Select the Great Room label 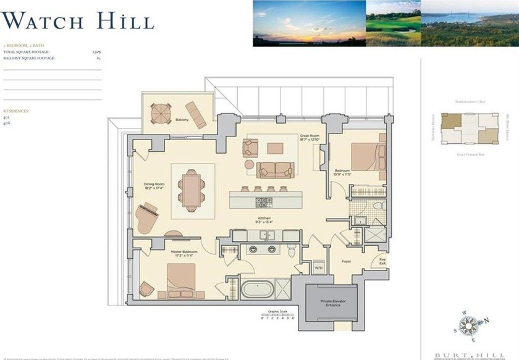coord(310,137)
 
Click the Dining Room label coord(155,185)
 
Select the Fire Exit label coord(382,262)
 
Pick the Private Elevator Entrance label coord(332,303)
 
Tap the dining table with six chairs coord(192,189)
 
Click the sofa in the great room coord(275,169)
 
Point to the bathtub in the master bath coord(256,289)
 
